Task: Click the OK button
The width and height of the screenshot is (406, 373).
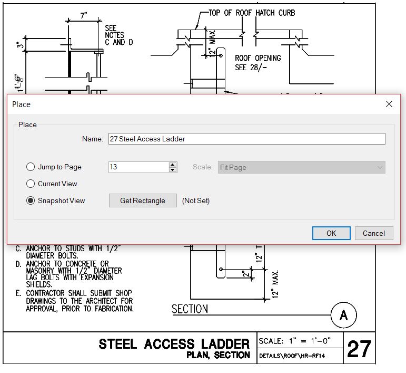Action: (331, 233)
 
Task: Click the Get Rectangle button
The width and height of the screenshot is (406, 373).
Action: (143, 200)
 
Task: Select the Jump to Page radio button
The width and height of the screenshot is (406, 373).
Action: (31, 167)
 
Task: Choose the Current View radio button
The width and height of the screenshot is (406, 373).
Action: (31, 184)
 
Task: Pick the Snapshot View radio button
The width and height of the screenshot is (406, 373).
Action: (31, 200)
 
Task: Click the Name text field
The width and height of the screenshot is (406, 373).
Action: (247, 139)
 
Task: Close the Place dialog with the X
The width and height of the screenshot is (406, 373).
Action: (389, 104)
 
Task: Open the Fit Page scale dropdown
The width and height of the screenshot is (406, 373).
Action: (301, 167)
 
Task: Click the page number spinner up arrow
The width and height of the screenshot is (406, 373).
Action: (173, 165)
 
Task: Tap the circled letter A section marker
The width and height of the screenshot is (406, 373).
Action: (343, 315)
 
